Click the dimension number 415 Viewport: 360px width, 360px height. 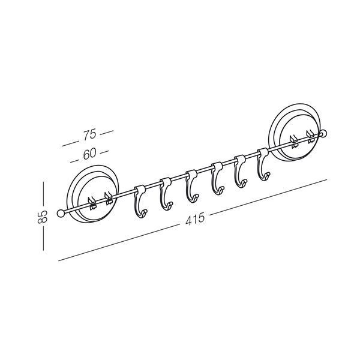pos(195,219)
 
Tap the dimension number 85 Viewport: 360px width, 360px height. pos(42,217)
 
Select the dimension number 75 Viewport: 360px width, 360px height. pos(89,135)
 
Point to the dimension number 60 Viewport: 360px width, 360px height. pos(89,154)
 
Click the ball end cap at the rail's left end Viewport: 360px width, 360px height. pos(61,213)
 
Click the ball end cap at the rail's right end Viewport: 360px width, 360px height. pos(324,133)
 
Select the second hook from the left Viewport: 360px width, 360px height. pos(166,193)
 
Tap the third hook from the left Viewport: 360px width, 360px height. pos(192,186)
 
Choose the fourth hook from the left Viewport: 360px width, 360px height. pos(217,178)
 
